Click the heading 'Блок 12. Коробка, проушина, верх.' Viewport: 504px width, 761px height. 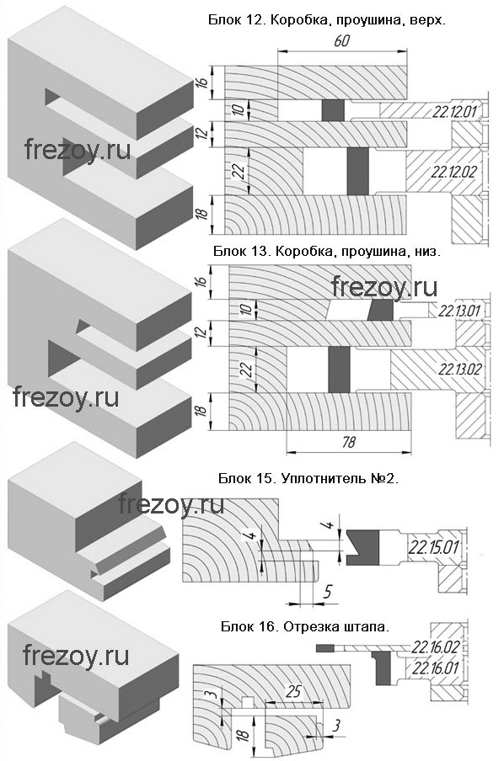tap(327, 20)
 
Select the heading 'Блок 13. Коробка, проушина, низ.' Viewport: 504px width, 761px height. tap(327, 252)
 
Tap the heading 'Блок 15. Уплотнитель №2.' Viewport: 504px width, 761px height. tap(308, 478)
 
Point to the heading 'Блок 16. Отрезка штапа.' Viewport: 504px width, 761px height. tap(305, 626)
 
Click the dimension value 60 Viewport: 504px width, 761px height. tap(341, 40)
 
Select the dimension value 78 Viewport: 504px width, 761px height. tap(348, 442)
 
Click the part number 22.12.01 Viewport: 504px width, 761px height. tap(455, 112)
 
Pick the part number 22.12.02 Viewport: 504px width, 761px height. tap(454, 172)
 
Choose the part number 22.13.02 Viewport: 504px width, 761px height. tap(460, 370)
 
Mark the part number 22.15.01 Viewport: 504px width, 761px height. tap(433, 547)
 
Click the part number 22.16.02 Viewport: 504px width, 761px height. tap(436, 647)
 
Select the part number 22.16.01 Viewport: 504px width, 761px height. tap(436, 668)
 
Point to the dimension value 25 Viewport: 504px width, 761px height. tap(293, 691)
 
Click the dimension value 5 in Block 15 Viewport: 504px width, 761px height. tap(328, 592)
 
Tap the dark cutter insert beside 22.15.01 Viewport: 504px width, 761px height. tap(362, 547)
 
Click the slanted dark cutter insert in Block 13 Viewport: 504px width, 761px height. tap(381, 310)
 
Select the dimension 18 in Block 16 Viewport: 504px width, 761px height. tap(244, 734)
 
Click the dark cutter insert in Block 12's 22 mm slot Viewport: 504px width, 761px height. tap(358, 172)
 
